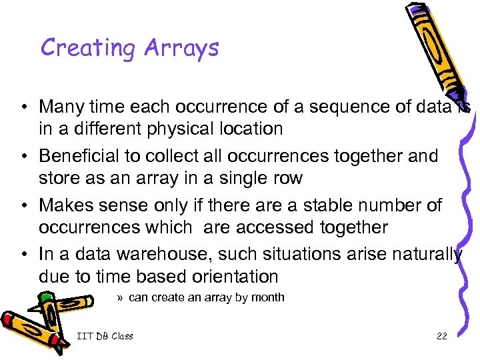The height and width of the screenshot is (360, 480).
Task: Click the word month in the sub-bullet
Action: pyautogui.click(x=269, y=297)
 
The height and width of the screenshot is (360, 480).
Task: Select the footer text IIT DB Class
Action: pyautogui.click(x=105, y=336)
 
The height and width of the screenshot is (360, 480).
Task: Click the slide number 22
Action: pyautogui.click(x=441, y=336)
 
